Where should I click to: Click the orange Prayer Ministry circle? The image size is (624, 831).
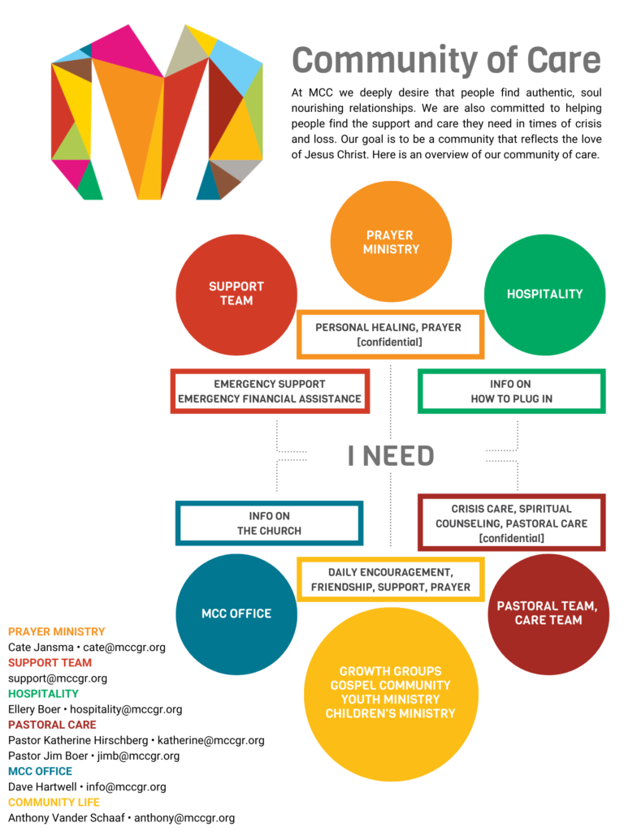[391, 242]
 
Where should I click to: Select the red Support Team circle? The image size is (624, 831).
[236, 295]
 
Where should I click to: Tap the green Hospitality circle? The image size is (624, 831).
[545, 295]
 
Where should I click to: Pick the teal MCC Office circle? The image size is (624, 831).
[236, 614]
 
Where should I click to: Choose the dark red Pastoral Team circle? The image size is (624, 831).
[548, 614]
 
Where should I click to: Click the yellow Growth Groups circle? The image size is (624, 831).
[391, 695]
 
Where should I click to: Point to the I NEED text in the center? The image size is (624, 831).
[391, 456]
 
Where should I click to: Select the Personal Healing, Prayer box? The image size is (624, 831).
[391, 334]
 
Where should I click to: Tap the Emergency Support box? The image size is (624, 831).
[270, 391]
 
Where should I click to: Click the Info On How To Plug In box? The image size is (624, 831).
[512, 391]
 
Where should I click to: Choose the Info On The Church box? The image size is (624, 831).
[270, 523]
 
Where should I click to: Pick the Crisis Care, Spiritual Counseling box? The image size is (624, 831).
[512, 523]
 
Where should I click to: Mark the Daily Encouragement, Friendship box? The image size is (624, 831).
[391, 579]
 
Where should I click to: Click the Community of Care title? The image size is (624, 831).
[446, 60]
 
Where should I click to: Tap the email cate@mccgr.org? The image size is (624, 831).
[124, 647]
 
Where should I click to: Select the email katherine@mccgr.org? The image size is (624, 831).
[210, 740]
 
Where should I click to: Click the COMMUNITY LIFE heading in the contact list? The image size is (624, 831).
[54, 803]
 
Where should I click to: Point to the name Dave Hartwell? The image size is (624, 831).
[42, 787]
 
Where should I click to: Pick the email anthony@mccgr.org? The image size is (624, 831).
[184, 818]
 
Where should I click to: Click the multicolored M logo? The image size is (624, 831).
[157, 112]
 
